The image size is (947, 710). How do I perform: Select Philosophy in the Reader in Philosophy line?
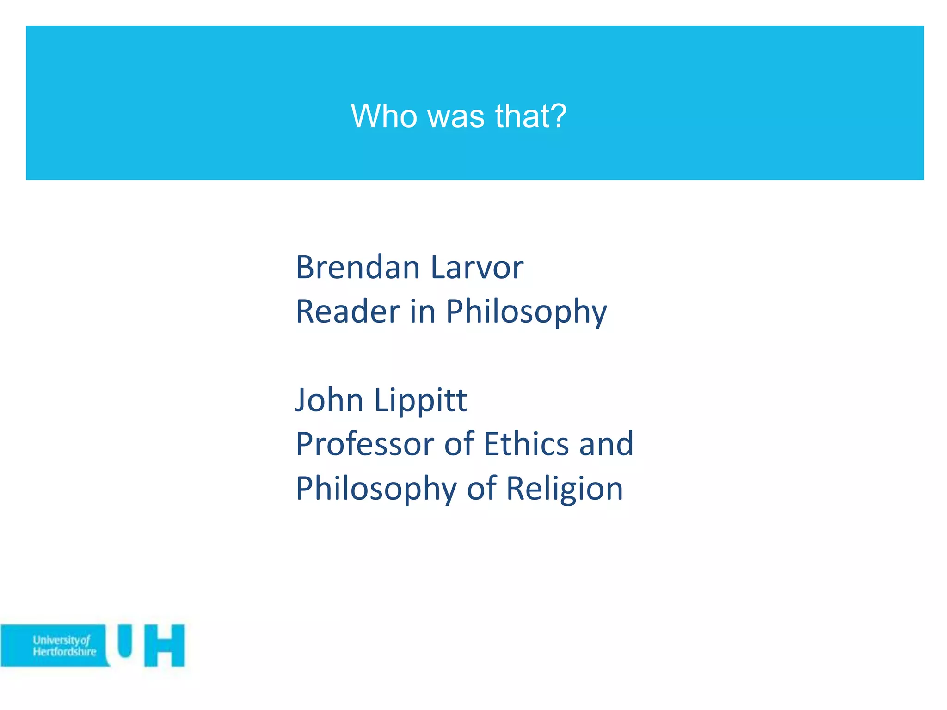coord(526,312)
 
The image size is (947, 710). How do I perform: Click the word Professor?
coord(365,444)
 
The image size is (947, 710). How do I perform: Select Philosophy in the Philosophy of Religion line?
coord(376,489)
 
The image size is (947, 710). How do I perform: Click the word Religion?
coord(565,489)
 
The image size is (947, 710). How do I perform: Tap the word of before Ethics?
coord(459,444)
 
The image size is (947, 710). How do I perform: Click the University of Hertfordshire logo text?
coord(64,646)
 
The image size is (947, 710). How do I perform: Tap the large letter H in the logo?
coord(165,646)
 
